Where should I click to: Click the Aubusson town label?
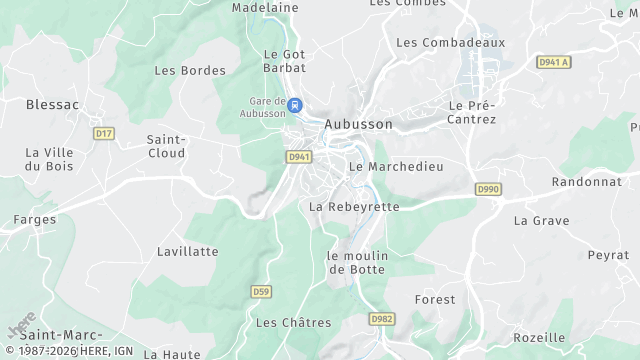[x=356, y=124]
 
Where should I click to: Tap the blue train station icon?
[x=295, y=103]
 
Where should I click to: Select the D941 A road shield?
[x=552, y=62]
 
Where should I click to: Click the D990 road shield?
[x=488, y=188]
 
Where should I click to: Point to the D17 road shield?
[x=102, y=132]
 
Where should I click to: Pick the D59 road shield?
[x=260, y=291]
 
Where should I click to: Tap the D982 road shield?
[x=381, y=318]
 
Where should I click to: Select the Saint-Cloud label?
[x=166, y=146]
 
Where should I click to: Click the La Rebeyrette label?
[x=354, y=206]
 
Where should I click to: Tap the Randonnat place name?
[x=588, y=182]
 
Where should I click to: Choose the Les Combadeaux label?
[x=451, y=42]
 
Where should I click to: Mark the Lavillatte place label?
[x=187, y=251]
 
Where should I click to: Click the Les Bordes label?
[x=190, y=70]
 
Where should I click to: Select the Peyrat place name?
[x=608, y=255]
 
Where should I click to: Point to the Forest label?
[x=434, y=299]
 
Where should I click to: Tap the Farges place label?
[x=34, y=218]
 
